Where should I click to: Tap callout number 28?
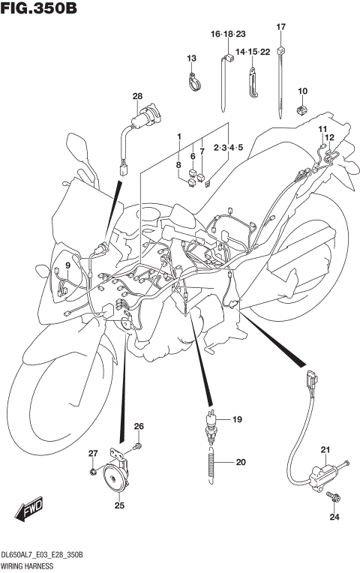pos(137,96)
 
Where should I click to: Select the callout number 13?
pos(191,58)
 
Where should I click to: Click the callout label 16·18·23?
pos(228,34)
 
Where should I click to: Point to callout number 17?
pos(281,27)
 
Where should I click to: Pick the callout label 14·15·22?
pos(253,51)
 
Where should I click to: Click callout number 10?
pos(303,91)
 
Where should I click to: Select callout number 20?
pos(240,462)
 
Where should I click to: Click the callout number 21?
pos(325,450)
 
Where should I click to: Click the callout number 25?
pos(118,505)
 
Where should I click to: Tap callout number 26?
pos(138,427)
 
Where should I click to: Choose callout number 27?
pos(93,453)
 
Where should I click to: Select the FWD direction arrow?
pos(28,511)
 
